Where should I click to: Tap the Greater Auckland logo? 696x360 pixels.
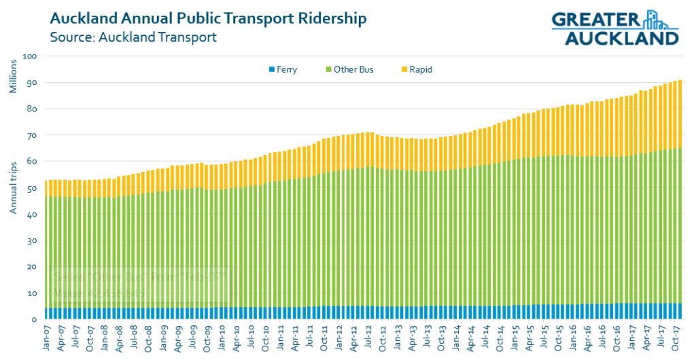[615, 28]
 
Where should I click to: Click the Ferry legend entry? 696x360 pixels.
[283, 69]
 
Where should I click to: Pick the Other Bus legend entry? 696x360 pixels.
[349, 69]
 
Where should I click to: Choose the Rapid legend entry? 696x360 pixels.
[416, 69]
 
